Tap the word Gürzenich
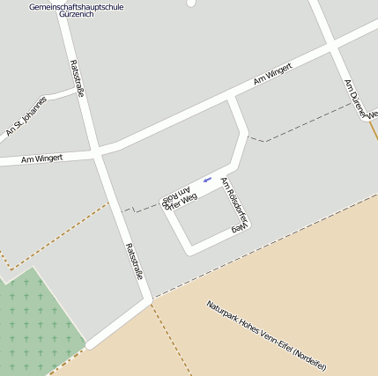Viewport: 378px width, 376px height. pyautogui.click(x=76, y=16)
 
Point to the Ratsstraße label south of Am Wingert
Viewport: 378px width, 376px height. pyautogui.click(x=133, y=262)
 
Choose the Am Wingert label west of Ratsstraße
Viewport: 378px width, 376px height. pyautogui.click(x=41, y=159)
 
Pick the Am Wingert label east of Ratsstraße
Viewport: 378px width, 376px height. pyautogui.click(x=272, y=76)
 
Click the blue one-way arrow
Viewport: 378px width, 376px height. pyautogui.click(x=207, y=181)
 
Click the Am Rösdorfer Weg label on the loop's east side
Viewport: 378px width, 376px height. pyautogui.click(x=235, y=204)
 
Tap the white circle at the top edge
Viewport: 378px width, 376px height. pyautogui.click(x=191, y=3)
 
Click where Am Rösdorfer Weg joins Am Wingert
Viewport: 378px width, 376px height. pyautogui.click(x=232, y=100)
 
